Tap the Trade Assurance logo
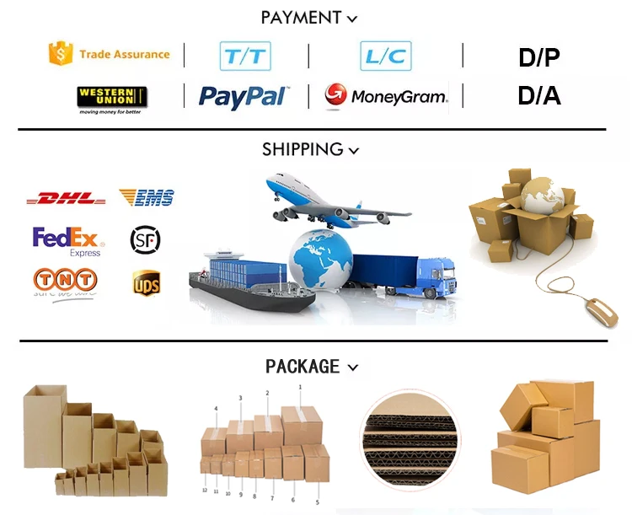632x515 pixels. click(110, 54)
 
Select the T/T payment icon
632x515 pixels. click(244, 56)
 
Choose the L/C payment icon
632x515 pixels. click(386, 56)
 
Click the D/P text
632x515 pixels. click(539, 58)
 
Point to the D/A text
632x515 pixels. click(539, 95)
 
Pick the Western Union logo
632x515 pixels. click(112, 98)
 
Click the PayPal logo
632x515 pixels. click(242, 97)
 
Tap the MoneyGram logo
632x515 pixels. click(387, 96)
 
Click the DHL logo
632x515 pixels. click(66, 200)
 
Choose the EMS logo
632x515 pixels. click(147, 198)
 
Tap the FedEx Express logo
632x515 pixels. click(67, 240)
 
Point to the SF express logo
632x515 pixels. click(145, 241)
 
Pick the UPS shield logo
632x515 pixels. click(146, 283)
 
